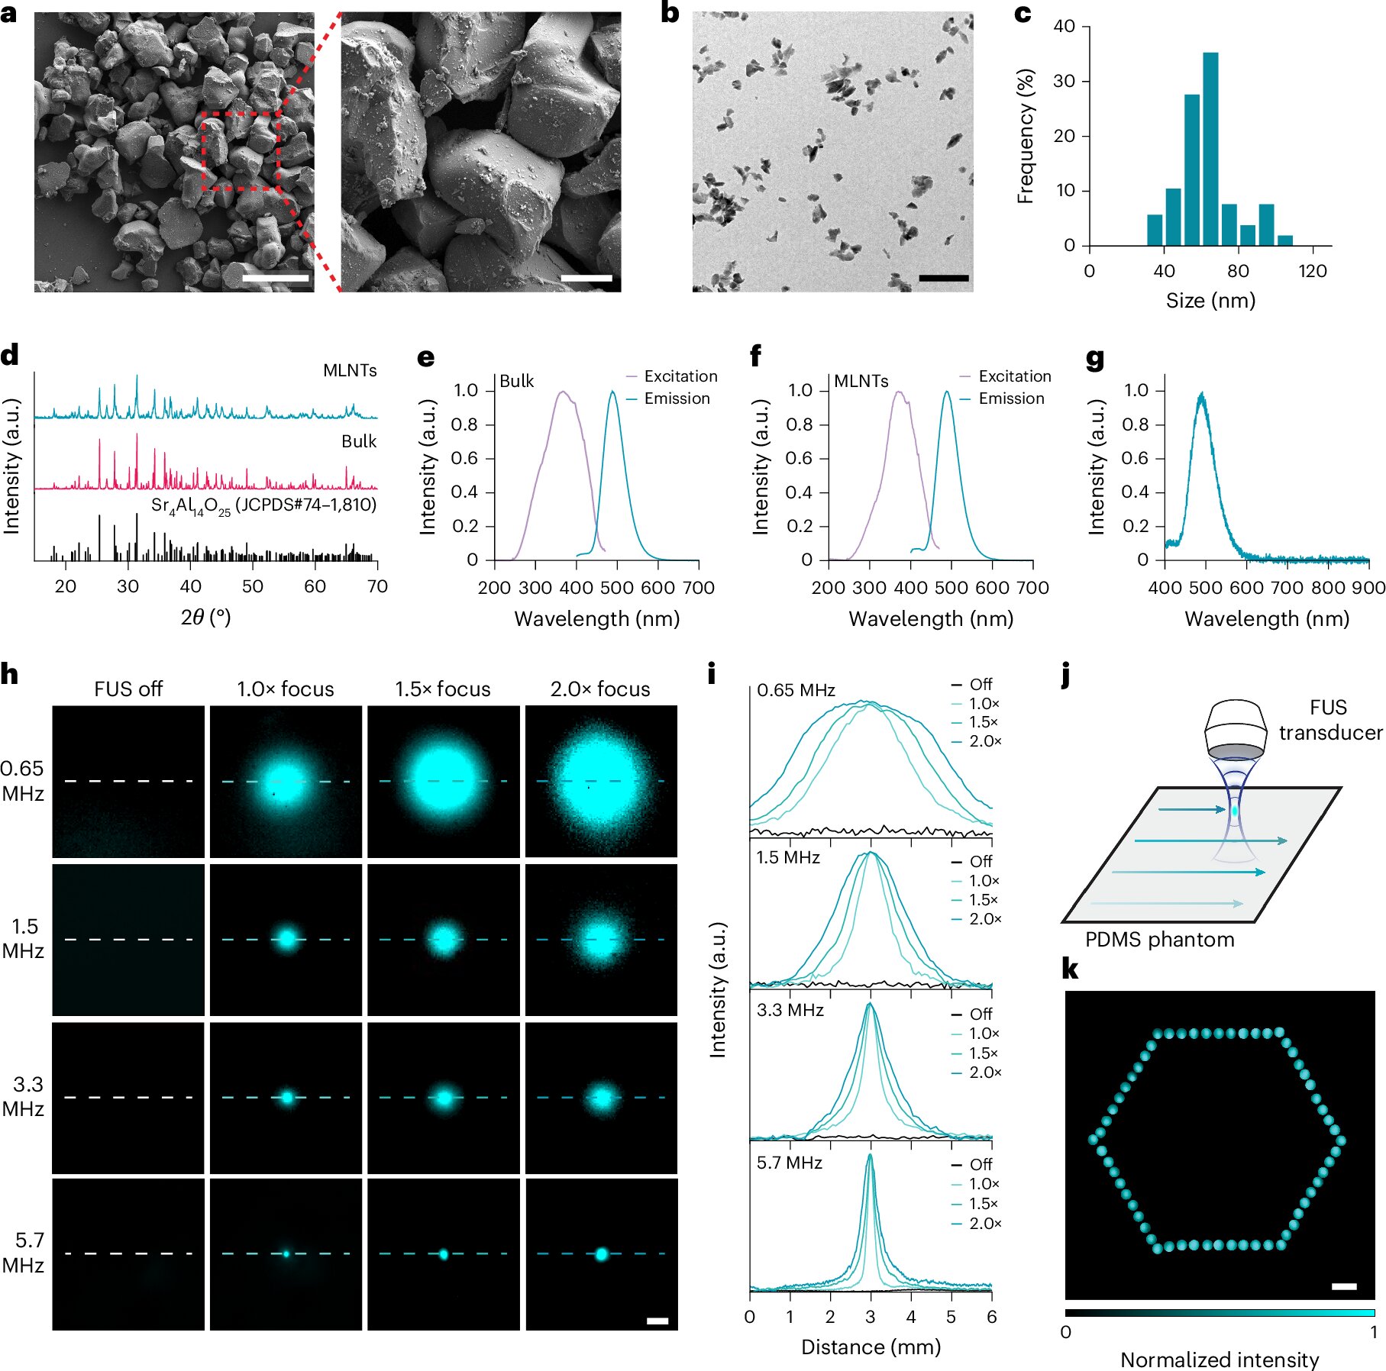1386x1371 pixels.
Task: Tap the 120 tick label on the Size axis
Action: click(1312, 271)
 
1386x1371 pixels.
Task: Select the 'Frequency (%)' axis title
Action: click(1026, 136)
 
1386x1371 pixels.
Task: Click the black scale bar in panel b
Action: click(943, 279)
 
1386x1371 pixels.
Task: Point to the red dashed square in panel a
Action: click(241, 150)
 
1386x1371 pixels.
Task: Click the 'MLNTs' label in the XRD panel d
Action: click(350, 371)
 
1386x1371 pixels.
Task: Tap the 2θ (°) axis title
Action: click(205, 617)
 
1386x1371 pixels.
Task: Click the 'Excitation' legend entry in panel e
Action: click(680, 376)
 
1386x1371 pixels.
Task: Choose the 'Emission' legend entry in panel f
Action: click(1010, 398)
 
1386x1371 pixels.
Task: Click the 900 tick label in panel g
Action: click(1368, 588)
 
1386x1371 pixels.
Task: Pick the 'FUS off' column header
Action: click(128, 689)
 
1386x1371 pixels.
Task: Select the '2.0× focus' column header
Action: click(600, 689)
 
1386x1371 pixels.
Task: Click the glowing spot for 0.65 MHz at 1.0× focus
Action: click(285, 782)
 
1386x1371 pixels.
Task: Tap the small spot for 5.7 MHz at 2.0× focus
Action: click(601, 1254)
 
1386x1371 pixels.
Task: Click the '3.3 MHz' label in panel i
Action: click(790, 1011)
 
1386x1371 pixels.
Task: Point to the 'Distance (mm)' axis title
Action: click(871, 1347)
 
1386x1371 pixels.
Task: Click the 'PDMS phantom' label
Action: click(1159, 940)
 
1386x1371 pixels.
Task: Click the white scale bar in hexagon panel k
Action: click(1344, 1286)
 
